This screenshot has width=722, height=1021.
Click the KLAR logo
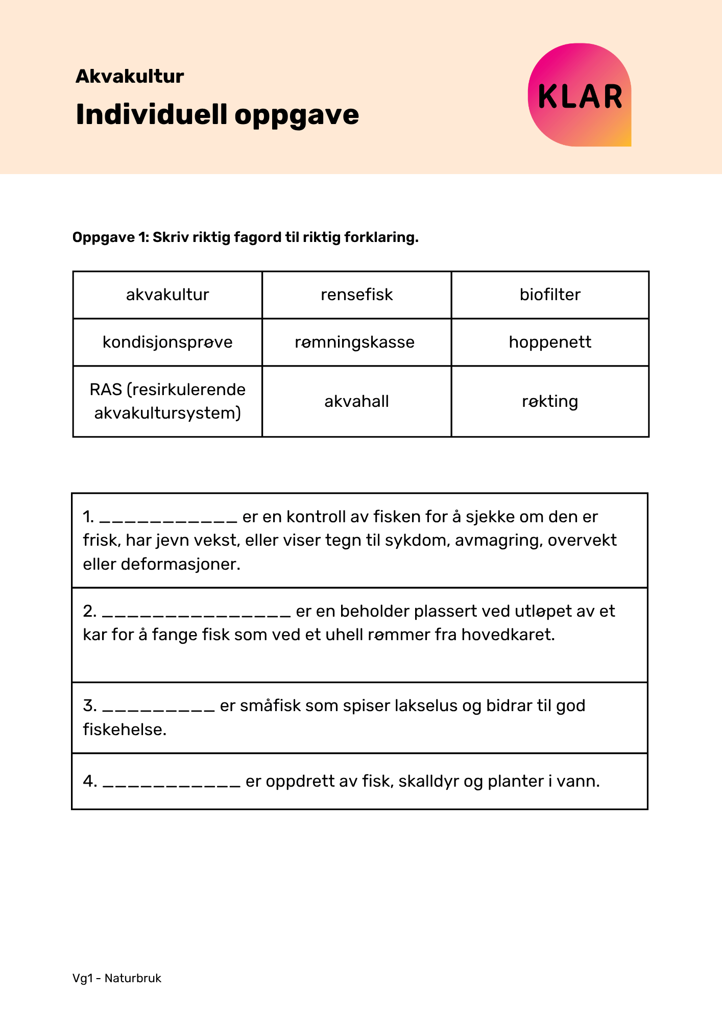(x=580, y=95)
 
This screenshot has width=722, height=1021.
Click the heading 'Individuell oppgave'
(x=217, y=114)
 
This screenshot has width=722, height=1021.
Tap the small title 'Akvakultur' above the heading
(x=130, y=76)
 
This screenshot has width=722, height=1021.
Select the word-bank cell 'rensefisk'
(x=356, y=295)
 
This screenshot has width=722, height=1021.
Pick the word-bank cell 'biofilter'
(x=550, y=295)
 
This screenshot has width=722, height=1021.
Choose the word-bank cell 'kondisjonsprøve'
(x=167, y=342)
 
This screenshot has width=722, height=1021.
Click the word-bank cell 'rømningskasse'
(x=355, y=342)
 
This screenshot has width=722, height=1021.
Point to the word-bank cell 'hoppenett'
(x=550, y=342)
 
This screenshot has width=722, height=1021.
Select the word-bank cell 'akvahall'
(x=356, y=401)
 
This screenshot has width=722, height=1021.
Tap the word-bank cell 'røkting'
(x=550, y=401)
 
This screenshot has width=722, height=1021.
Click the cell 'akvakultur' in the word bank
(x=167, y=295)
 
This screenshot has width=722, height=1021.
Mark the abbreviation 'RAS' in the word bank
(x=106, y=390)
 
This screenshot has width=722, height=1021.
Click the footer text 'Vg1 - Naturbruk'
(x=117, y=978)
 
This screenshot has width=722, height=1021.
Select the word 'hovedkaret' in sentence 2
(x=508, y=635)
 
